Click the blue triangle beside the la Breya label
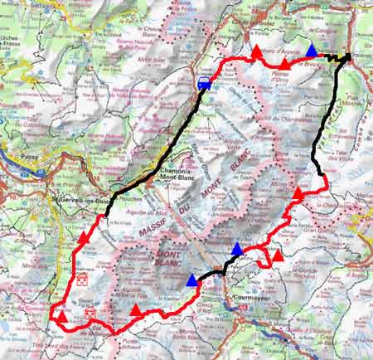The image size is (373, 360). point(310,51)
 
